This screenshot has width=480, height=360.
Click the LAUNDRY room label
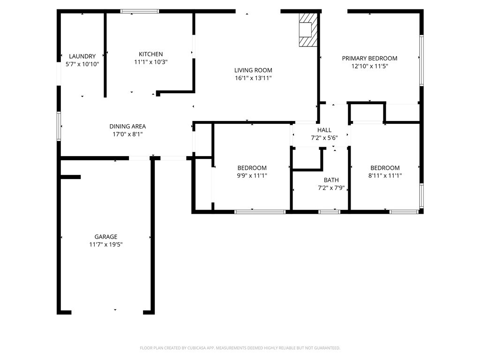(x=82, y=56)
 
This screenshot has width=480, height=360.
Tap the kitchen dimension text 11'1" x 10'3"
(x=150, y=62)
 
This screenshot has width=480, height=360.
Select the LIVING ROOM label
(x=253, y=70)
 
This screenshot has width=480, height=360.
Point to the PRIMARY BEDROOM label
(x=369, y=59)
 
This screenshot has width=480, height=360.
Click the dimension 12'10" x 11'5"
(x=369, y=67)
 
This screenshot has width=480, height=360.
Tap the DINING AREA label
(x=127, y=126)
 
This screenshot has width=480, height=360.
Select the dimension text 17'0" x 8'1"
(x=127, y=134)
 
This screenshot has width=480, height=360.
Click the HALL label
(x=324, y=130)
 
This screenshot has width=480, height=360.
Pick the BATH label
(x=331, y=180)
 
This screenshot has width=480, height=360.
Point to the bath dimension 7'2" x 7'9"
(x=331, y=188)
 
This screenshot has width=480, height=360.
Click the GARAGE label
(x=106, y=237)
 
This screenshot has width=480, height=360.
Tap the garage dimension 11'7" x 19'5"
(x=106, y=245)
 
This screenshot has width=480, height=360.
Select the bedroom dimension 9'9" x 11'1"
(x=252, y=176)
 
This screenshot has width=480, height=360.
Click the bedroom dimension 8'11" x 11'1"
(x=385, y=176)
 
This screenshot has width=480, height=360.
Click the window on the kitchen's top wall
(x=140, y=11)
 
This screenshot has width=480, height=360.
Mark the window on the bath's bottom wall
(x=329, y=212)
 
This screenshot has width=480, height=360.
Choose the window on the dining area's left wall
(x=59, y=126)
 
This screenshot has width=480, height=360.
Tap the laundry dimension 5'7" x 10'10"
(x=82, y=64)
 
